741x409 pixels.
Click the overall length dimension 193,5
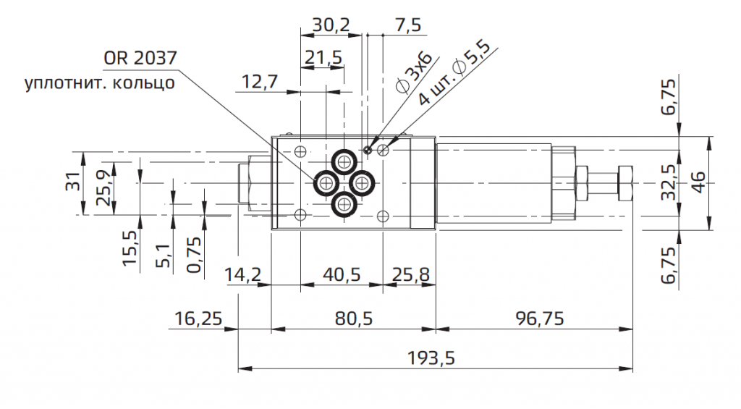(436, 358)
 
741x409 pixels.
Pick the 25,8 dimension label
(410, 275)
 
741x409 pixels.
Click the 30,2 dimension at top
(331, 25)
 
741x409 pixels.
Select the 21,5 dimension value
(323, 57)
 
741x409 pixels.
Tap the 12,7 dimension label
(260, 82)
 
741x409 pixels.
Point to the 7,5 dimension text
(408, 25)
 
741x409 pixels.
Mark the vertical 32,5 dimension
(670, 182)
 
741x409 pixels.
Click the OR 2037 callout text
(140, 59)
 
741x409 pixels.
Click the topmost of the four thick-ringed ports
(343, 161)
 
